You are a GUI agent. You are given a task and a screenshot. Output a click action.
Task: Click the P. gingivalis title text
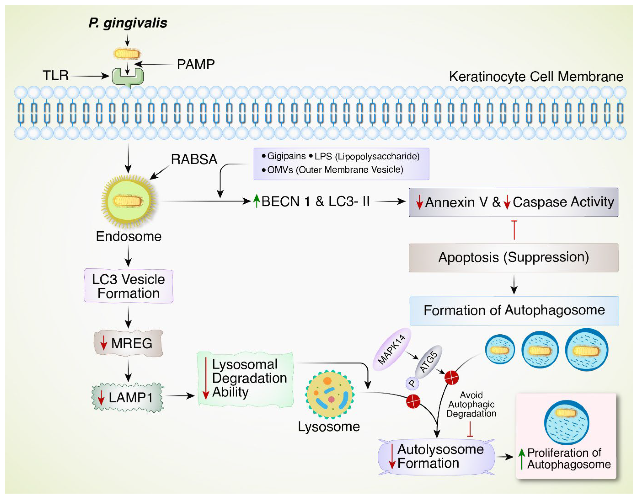(x=128, y=23)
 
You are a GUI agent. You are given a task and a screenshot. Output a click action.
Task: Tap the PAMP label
(x=196, y=64)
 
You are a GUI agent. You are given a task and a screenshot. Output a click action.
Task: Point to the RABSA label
(x=194, y=159)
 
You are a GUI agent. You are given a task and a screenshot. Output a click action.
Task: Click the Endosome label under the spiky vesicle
(x=129, y=236)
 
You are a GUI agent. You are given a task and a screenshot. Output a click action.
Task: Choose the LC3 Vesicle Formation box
(x=129, y=286)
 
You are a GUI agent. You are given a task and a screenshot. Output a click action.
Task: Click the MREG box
(x=128, y=343)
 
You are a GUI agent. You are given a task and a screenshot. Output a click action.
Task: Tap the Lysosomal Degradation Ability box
(x=245, y=379)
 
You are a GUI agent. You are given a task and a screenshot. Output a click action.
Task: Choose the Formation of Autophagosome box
(x=514, y=310)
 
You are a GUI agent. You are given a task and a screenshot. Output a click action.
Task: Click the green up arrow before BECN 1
(x=256, y=201)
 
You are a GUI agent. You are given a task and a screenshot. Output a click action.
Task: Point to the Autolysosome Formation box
(x=436, y=456)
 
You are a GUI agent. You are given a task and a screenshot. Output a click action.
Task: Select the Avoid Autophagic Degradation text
(x=471, y=405)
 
